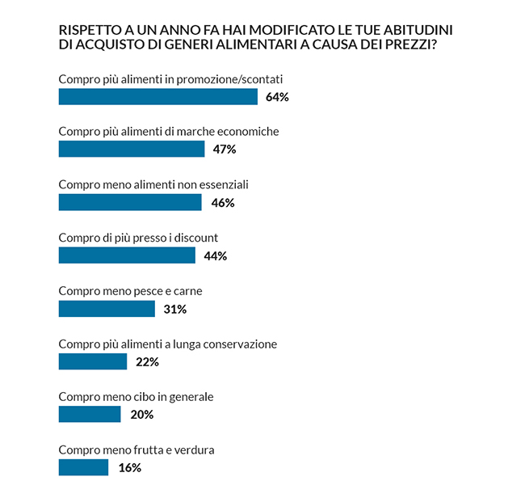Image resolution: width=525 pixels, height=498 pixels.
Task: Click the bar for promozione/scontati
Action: [157, 97]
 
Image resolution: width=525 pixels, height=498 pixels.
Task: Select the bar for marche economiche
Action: [132, 149]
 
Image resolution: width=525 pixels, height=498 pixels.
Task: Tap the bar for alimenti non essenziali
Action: [130, 202]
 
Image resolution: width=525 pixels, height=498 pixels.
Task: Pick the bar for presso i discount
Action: [127, 255]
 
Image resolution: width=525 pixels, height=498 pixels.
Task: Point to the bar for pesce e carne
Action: [107, 309]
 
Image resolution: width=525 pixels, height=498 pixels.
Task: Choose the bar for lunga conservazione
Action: [93, 361]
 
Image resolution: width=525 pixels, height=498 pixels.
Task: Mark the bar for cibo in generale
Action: [90, 415]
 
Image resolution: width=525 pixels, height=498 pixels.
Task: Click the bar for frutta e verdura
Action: [83, 467]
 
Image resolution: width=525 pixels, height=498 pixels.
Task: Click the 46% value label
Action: [222, 203]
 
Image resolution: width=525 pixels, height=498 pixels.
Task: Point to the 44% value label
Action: [216, 256]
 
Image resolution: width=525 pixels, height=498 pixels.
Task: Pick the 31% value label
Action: [175, 309]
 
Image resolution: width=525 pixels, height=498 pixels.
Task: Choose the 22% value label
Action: [147, 362]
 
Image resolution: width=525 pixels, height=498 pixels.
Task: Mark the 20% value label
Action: [141, 415]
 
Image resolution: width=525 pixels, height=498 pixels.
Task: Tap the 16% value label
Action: [129, 468]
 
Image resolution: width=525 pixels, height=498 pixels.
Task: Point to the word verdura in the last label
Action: [195, 449]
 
